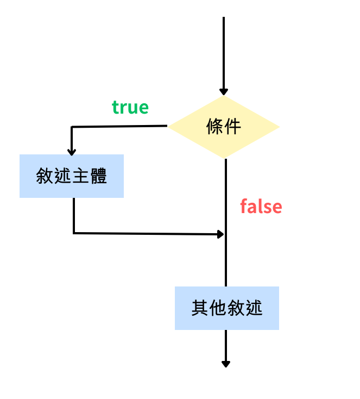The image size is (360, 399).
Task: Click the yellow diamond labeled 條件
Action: pyautogui.click(x=224, y=127)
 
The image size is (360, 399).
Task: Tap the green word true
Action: pyautogui.click(x=130, y=107)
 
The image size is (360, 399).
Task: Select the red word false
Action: pyautogui.click(x=261, y=207)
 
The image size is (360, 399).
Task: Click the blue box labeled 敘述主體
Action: pyautogui.click(x=72, y=176)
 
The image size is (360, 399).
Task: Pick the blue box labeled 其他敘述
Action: pyautogui.click(x=227, y=308)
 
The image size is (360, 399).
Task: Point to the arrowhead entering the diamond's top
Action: pyautogui.click(x=224, y=92)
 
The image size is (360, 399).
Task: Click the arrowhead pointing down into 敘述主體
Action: pyautogui.click(x=72, y=151)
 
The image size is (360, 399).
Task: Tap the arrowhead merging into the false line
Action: pyautogui.click(x=220, y=234)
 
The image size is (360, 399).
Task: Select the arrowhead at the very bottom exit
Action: pyautogui.click(x=226, y=363)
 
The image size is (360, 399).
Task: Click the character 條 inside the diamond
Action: pyautogui.click(x=215, y=127)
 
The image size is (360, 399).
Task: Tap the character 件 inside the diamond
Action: pyautogui.click(x=232, y=127)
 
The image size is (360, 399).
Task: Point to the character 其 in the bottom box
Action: pyautogui.click(x=200, y=308)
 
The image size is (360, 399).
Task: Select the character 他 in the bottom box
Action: pyautogui.click(x=218, y=308)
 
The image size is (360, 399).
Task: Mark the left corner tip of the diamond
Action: pyautogui.click(x=168, y=127)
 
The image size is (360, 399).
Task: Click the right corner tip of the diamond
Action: pyautogui.click(x=279, y=127)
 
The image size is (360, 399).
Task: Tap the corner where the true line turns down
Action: pyautogui.click(x=72, y=127)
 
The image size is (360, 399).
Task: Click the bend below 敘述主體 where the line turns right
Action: pyautogui.click(x=73, y=233)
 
